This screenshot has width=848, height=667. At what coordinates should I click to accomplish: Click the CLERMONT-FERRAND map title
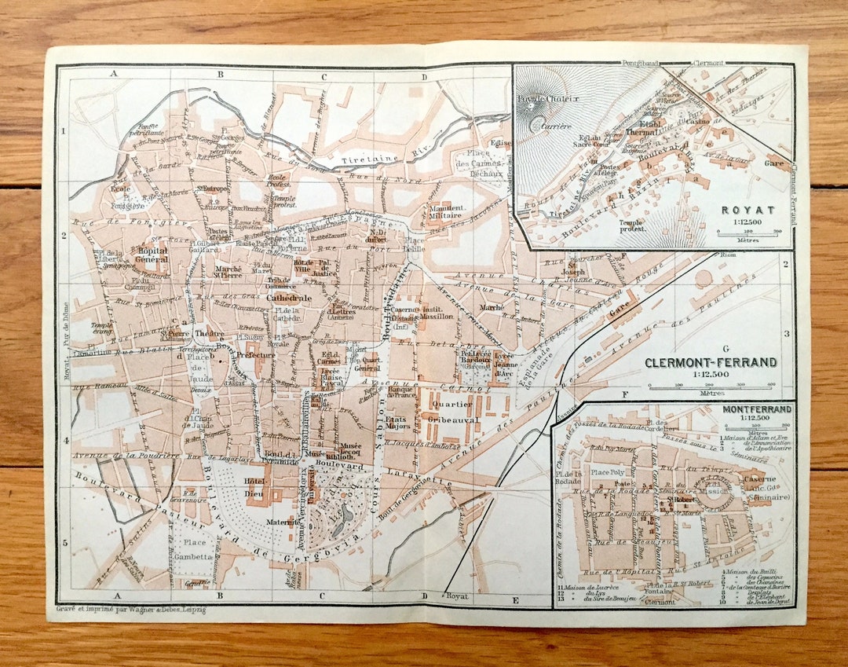[711, 362]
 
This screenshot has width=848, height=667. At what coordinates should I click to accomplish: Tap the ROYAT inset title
[748, 210]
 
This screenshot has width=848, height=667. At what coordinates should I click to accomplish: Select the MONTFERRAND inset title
[757, 409]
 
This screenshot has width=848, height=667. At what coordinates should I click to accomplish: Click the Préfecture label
[256, 354]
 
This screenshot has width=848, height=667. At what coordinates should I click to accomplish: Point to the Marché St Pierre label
[228, 271]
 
